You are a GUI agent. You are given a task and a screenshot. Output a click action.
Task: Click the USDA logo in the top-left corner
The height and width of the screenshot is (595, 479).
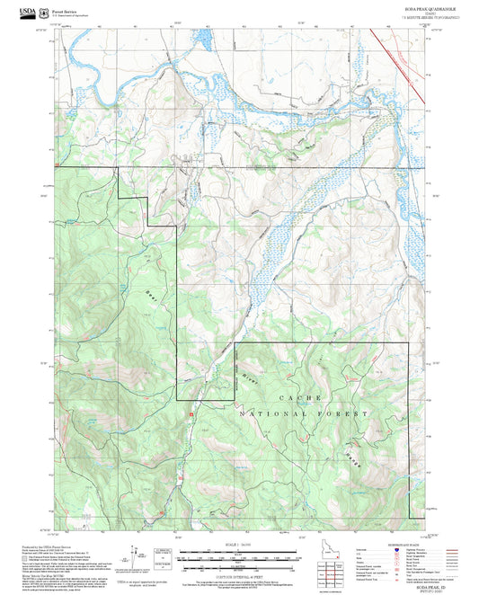(17, 13)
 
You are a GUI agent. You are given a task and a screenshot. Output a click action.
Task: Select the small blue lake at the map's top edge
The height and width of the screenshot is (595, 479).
(204, 40)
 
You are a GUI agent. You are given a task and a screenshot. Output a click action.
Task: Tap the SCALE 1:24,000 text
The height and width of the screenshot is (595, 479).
(239, 544)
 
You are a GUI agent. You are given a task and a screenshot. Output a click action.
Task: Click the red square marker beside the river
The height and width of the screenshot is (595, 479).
(191, 413)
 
